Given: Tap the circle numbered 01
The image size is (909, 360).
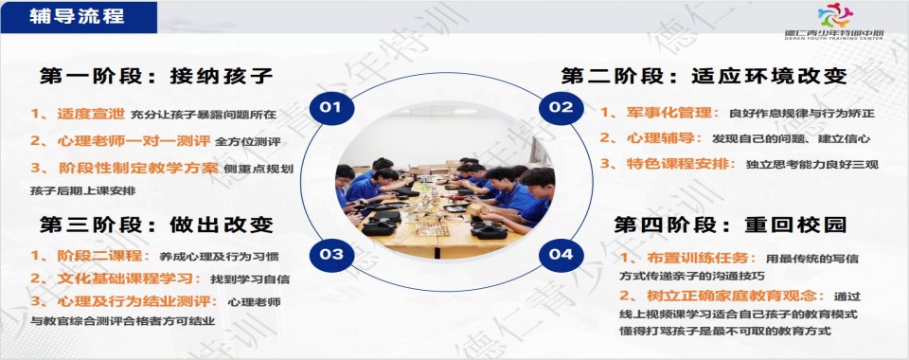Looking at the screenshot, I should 330,107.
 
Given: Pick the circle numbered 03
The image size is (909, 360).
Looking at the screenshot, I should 330,254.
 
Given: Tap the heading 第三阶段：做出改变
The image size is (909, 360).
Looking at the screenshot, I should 156,225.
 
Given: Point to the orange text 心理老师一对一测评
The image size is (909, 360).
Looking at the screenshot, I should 128,140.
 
